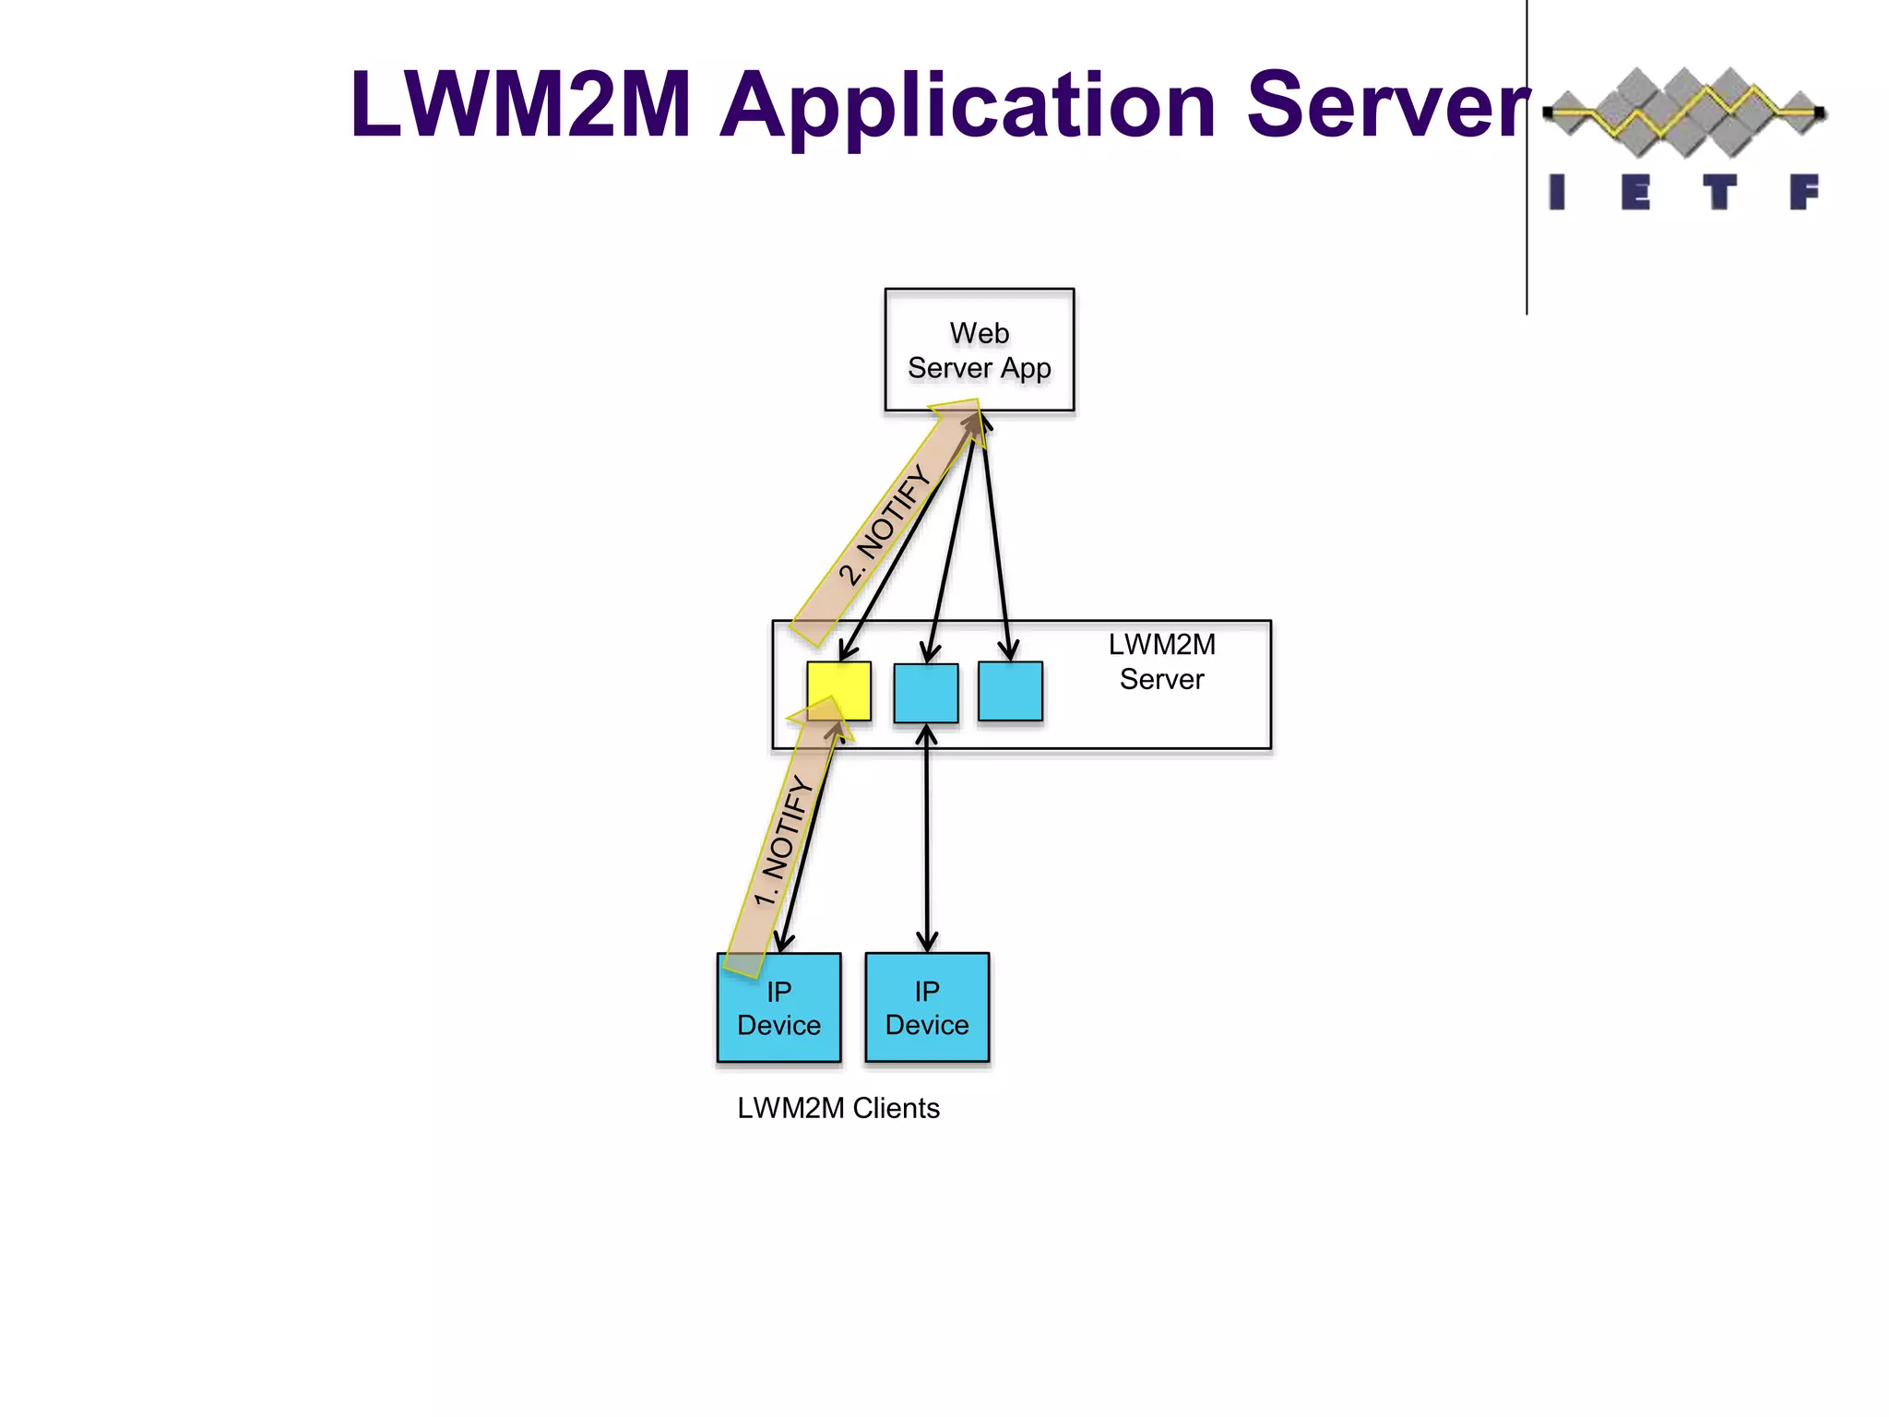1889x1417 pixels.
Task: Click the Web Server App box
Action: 979,349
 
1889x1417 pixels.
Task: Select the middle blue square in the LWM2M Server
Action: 926,692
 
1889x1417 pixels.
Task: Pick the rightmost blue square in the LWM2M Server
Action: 1010,691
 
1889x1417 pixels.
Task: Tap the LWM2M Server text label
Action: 1161,661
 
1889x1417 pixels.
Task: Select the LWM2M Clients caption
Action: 838,1108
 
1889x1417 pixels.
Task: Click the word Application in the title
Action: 968,108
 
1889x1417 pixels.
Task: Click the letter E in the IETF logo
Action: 1635,193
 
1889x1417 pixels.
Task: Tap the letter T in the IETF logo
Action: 1719,193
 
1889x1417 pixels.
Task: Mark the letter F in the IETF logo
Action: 1804,193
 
